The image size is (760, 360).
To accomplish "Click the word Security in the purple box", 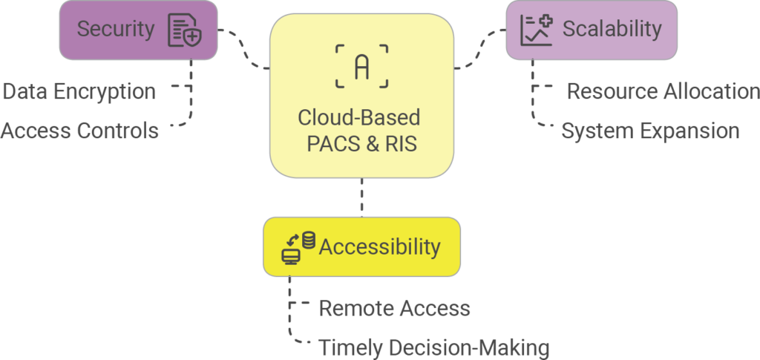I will click(x=115, y=30).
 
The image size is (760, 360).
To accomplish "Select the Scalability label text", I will click(x=612, y=29).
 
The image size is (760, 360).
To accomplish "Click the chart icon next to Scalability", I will click(x=536, y=30).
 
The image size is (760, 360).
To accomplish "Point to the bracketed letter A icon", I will click(x=361, y=66).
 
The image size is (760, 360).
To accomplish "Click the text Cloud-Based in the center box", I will click(x=359, y=118).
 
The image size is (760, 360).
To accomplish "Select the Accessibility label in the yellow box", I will click(x=379, y=246).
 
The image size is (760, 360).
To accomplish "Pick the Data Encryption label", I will click(x=79, y=92).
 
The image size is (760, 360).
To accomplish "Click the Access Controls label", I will click(x=79, y=131).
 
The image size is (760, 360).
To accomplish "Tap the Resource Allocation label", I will click(x=663, y=91).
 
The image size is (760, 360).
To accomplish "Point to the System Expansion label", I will click(x=650, y=131).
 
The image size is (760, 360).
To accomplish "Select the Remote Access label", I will click(x=394, y=308).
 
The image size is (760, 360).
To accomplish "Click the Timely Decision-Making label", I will click(x=434, y=347).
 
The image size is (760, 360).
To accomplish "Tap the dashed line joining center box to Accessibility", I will click(x=361, y=197).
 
